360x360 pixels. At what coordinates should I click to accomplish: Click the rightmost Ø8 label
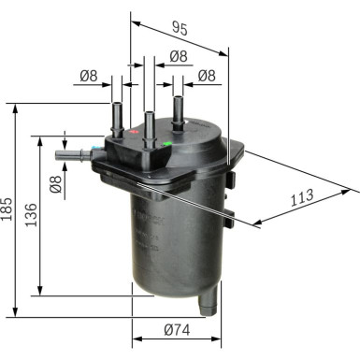point(207,77)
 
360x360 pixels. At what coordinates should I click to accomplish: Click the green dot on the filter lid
point(166,143)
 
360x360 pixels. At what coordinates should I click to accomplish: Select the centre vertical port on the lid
point(148,123)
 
